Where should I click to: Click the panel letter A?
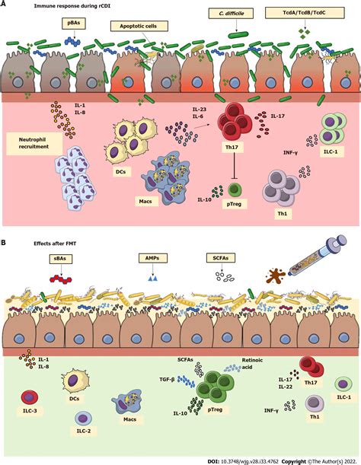click(x=5, y=5)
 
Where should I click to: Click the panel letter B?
click(x=5, y=243)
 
